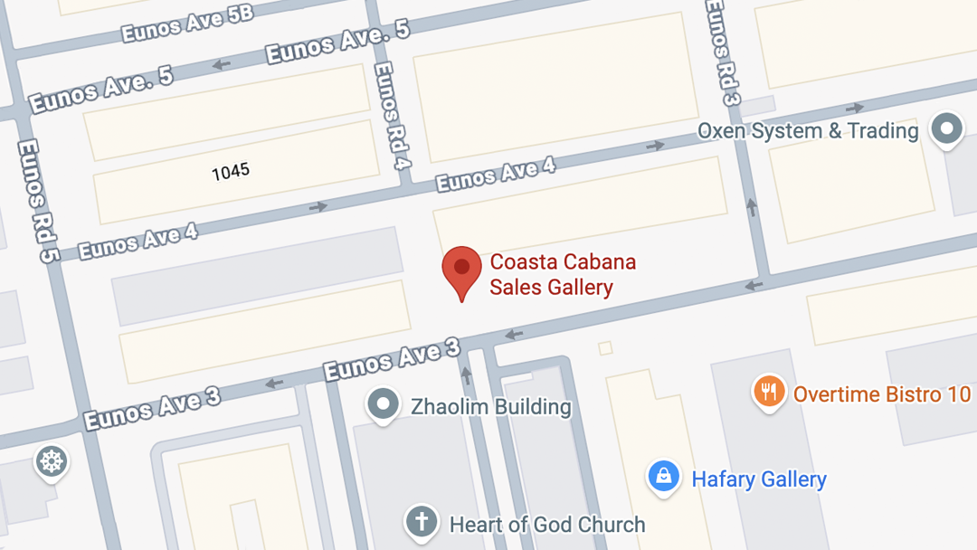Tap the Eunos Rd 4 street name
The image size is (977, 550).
coord(392,116)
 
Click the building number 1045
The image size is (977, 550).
coord(231,171)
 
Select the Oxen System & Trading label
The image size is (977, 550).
coord(807,131)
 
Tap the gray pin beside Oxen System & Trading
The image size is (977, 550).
coord(947,128)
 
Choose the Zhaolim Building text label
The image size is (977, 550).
coord(491,407)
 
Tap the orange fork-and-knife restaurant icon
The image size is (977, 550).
coord(769,392)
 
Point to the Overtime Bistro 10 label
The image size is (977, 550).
coord(882,394)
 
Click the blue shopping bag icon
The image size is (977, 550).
coord(663,476)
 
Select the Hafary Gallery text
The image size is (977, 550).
coord(759,479)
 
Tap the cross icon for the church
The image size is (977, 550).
coord(421,522)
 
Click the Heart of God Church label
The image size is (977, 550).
coord(547,525)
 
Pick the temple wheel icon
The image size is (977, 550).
coord(52,461)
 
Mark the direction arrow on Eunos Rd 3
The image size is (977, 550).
coord(751,207)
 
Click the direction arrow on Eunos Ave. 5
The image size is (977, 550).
coord(220,65)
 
